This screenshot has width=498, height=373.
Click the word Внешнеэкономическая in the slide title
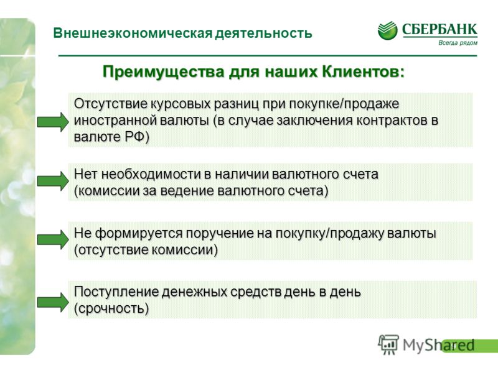click(133, 33)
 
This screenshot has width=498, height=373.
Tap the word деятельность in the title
click(263, 34)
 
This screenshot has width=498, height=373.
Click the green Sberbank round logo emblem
click(387, 30)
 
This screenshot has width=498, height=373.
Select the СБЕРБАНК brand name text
click(439, 29)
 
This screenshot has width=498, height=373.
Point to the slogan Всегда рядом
click(458, 43)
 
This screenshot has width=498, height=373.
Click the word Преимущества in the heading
click(164, 72)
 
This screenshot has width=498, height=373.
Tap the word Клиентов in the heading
click(364, 71)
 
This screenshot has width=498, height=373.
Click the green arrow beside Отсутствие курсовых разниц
click(53, 122)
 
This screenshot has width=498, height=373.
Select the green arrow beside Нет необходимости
click(53, 181)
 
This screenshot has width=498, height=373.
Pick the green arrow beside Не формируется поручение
click(53, 239)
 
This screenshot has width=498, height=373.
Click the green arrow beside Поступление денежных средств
click(53, 302)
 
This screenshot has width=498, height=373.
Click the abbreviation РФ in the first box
click(136, 137)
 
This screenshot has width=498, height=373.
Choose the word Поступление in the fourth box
click(116, 292)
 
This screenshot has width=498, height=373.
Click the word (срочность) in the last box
click(111, 308)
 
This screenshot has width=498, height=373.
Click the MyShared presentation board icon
click(388, 344)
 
